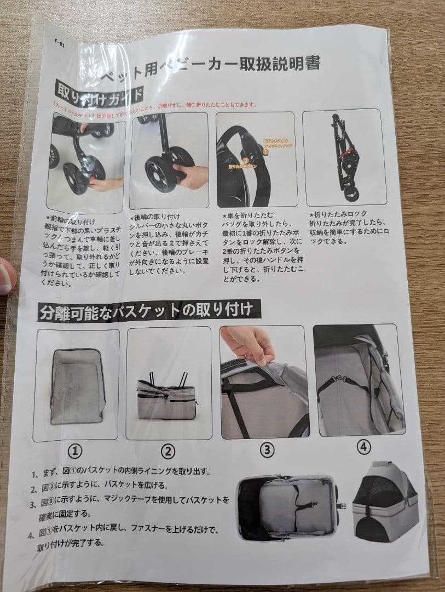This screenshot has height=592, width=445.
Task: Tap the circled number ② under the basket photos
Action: point(168,451)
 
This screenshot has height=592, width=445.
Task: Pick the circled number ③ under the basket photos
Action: point(267,449)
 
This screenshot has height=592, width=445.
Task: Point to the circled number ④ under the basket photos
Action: point(363,446)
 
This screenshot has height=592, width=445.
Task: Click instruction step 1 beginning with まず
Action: point(120,471)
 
